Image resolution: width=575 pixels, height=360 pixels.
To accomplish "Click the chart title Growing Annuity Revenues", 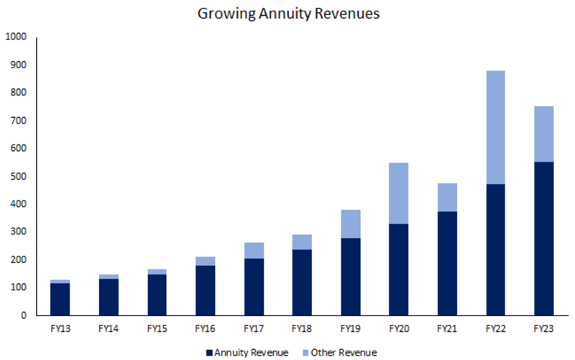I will pos(287,13).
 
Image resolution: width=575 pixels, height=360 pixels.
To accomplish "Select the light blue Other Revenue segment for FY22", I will pos(495,127).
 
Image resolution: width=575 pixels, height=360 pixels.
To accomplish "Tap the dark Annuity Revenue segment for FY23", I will pos(543,239).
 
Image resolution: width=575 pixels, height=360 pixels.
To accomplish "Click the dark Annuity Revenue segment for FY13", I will pos(60,299).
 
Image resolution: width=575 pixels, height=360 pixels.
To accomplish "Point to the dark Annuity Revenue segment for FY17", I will pos(254,287).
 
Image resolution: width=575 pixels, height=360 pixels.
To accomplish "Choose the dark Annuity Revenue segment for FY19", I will pos(350,277).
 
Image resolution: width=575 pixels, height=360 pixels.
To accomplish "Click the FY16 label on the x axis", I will pos(206,329).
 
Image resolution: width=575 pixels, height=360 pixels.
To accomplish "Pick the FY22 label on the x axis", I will pos(495,329).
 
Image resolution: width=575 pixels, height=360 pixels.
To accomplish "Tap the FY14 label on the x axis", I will pos(109,329).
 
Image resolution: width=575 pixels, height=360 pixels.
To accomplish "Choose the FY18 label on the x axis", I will pos(302,329).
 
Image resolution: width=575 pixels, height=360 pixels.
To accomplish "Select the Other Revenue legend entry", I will pos(338,352).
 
